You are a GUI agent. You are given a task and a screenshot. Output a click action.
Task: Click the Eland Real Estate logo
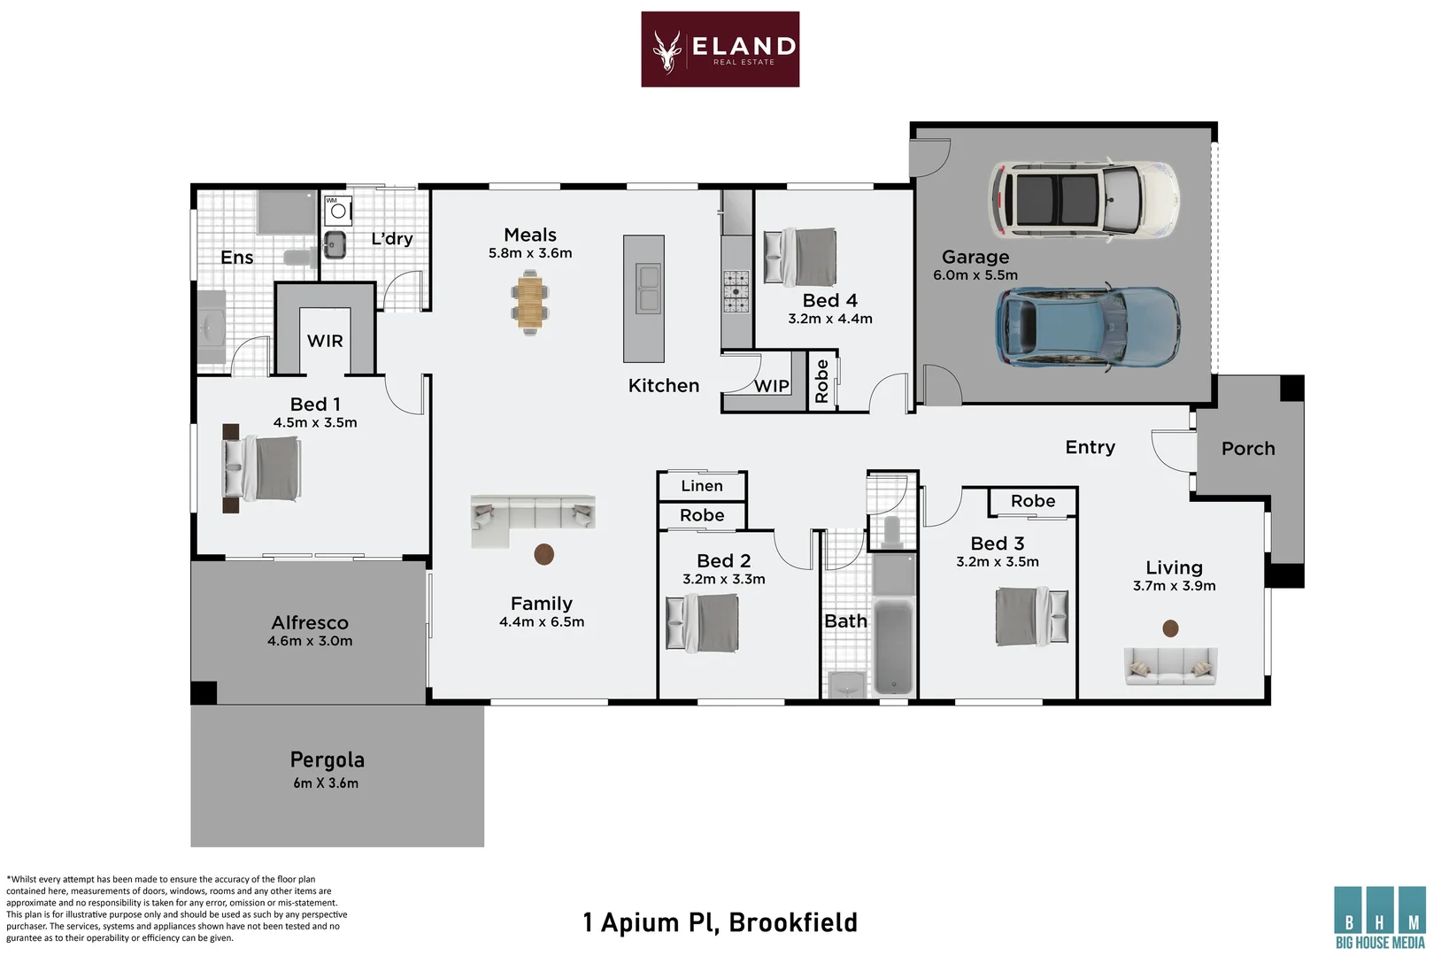point(720,49)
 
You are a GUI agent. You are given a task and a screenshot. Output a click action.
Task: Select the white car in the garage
point(1084,199)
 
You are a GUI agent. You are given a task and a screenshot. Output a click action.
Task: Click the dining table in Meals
point(530,303)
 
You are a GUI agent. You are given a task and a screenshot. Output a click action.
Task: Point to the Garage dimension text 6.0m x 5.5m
point(975,275)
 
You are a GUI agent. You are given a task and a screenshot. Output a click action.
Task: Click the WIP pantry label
point(771,386)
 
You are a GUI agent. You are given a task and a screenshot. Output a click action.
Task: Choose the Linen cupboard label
point(702,486)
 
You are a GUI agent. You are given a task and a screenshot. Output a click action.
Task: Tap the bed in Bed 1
point(261,467)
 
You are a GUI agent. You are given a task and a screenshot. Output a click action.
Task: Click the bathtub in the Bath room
point(894,646)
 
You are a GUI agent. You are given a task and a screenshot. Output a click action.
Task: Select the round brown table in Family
point(544,554)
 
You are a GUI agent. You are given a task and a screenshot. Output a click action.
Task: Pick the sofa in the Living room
point(1171,665)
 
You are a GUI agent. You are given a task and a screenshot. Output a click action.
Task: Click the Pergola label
point(327,760)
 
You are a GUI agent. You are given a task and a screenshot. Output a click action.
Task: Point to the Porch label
point(1248,449)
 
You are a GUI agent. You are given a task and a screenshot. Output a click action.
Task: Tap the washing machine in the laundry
point(338,211)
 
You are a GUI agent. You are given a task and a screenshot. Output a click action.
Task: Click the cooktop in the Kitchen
point(736,291)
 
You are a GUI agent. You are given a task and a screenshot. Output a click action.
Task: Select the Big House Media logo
point(1380,917)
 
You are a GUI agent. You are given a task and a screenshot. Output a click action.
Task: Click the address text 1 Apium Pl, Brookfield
point(720,922)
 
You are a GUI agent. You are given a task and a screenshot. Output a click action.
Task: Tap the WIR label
point(325,341)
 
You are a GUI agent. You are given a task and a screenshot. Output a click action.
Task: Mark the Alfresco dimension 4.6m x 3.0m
point(310,641)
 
